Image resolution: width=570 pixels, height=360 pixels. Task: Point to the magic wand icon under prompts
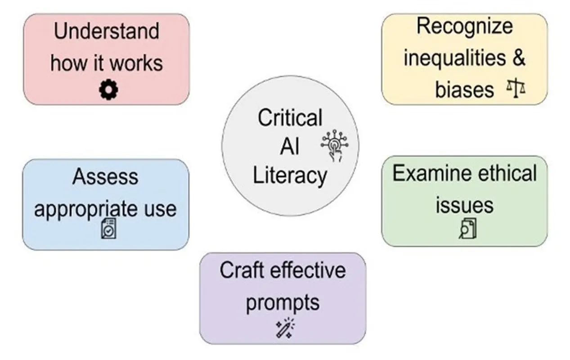[x=284, y=328]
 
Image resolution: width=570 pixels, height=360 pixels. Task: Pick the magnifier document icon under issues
[x=467, y=228]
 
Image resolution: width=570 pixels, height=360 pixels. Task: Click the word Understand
[x=107, y=31]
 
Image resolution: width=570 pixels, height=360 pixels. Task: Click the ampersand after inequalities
[x=518, y=58]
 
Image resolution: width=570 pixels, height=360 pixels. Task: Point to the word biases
[x=464, y=89]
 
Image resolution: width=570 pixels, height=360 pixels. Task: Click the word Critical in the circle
[x=290, y=118]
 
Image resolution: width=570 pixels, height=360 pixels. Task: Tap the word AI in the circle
[x=289, y=146]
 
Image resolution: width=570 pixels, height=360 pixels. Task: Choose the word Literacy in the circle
[x=290, y=175]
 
